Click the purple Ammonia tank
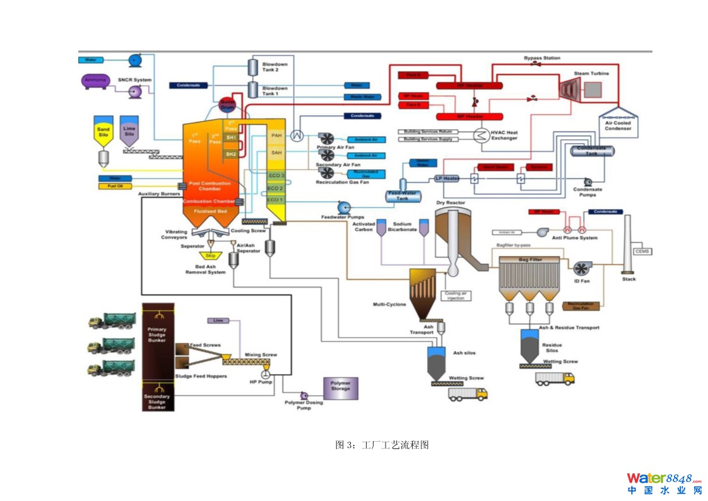tap(94, 80)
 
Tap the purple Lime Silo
tap(129, 131)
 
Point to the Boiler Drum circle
tap(227, 105)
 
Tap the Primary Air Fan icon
tap(326, 139)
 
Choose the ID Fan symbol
tap(582, 268)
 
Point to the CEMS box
tap(642, 251)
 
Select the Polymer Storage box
tap(340, 389)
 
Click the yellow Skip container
tap(209, 256)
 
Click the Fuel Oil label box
tap(114, 186)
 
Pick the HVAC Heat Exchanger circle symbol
tap(482, 135)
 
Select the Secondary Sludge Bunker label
tap(156, 402)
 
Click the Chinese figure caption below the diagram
tap(382, 445)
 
